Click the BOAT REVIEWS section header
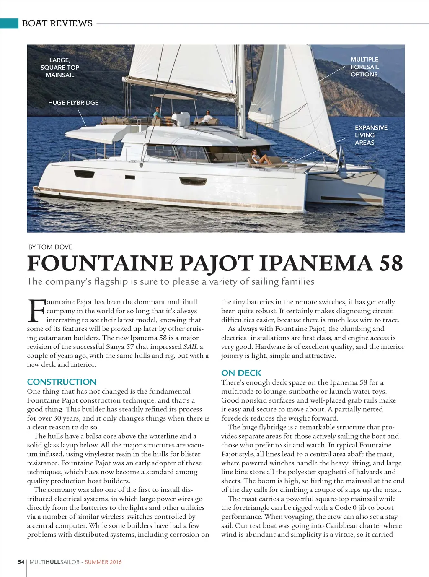(57, 23)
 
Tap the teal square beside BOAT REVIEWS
(9, 23)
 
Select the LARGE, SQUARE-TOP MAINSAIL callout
(60, 68)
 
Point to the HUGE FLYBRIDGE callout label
(73, 103)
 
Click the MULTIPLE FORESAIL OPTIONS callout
(364, 67)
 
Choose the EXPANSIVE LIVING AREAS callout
(371, 135)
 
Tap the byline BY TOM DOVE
(50, 247)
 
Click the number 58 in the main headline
(390, 263)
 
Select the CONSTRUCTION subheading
(62, 382)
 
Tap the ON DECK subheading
(241, 373)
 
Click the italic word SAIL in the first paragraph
(191, 347)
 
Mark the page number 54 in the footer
(21, 562)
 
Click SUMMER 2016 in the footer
(103, 562)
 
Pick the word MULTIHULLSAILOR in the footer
(54, 562)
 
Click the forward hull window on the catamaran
(187, 181)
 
